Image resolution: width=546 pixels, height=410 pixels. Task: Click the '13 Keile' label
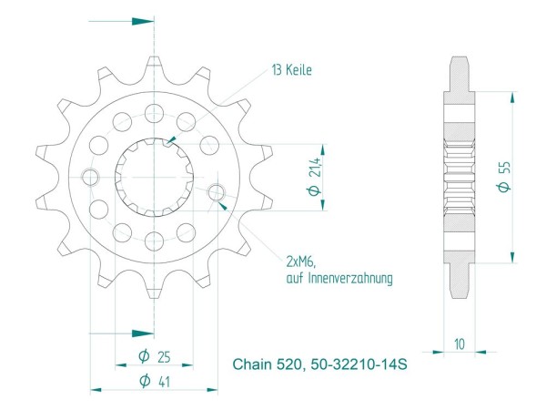click(292, 69)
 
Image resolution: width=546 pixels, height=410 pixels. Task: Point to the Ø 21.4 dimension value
click(312, 176)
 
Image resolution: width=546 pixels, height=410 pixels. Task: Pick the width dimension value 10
click(460, 344)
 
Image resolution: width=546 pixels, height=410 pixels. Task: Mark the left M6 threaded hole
click(88, 176)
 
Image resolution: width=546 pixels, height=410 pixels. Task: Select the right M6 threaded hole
click(216, 192)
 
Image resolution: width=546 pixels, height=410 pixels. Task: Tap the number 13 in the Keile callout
click(275, 69)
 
